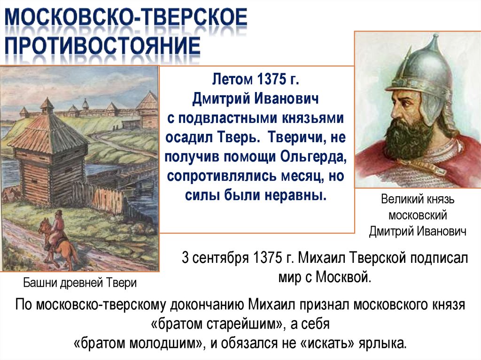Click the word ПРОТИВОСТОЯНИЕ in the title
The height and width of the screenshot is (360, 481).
click(102, 48)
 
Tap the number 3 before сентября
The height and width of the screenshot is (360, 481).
click(186, 259)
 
